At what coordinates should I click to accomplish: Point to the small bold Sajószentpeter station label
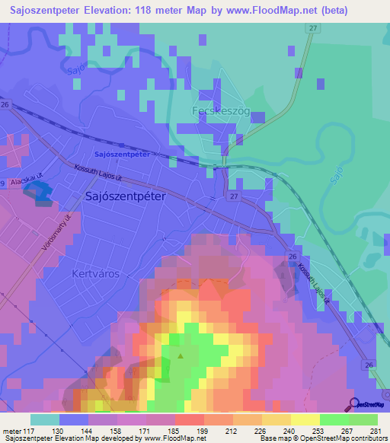click(120, 154)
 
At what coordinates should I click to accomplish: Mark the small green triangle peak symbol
click(181, 355)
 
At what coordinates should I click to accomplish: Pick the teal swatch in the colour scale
click(45, 419)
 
